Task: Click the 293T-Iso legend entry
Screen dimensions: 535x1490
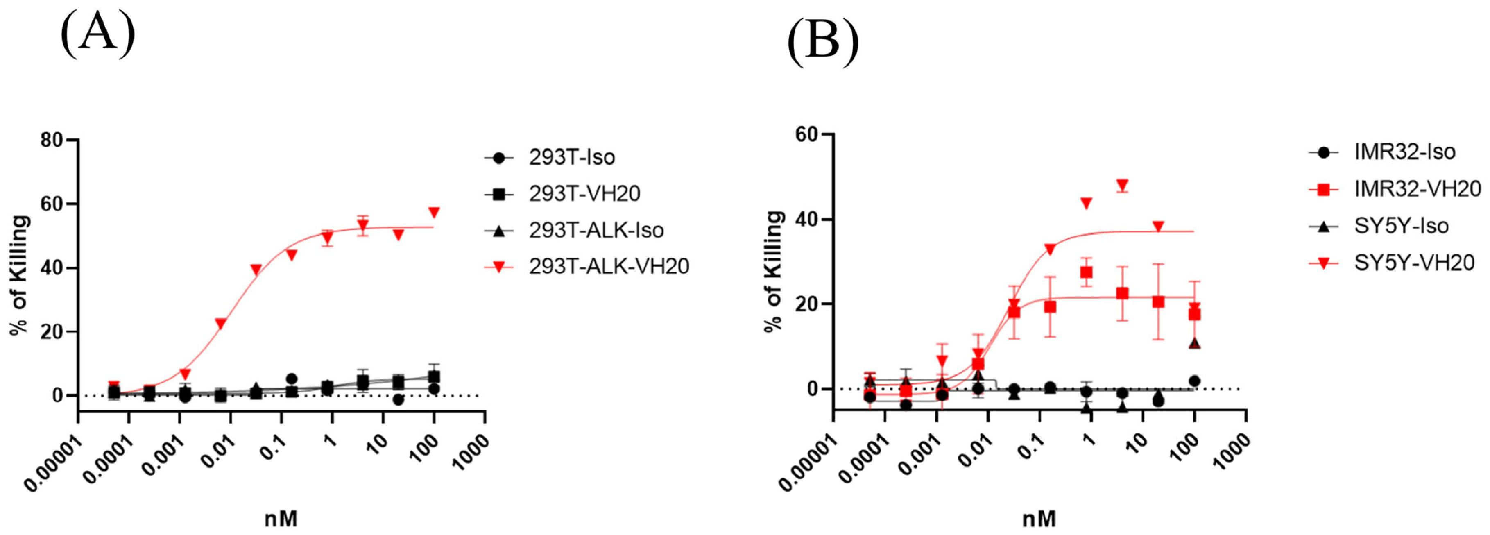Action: (571, 157)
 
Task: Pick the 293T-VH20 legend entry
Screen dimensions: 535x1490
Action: (584, 193)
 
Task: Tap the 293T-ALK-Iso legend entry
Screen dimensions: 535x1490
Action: (596, 230)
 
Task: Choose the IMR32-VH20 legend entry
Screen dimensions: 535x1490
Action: (1417, 188)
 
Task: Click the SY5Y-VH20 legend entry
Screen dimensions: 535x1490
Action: (1414, 262)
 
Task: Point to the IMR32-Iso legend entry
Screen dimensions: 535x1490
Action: (1404, 152)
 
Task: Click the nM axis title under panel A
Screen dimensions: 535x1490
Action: (281, 518)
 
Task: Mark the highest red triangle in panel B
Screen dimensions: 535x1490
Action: (1122, 185)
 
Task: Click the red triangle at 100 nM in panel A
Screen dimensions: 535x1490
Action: (434, 212)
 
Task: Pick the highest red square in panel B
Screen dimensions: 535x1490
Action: (1086, 272)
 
